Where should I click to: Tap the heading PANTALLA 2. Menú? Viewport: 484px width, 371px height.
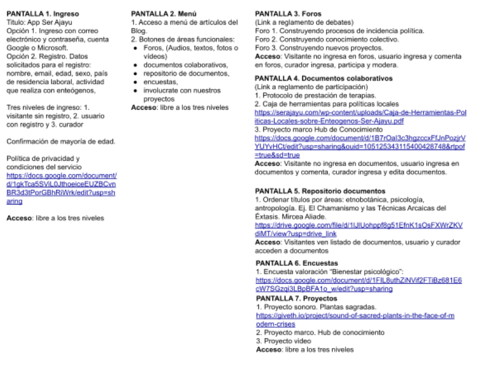[x=156, y=13]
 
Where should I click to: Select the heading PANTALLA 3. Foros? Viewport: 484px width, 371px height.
[x=280, y=13]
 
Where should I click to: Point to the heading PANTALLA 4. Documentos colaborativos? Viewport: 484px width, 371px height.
[x=324, y=78]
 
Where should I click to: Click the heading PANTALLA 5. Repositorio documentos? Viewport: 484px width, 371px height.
[x=320, y=191]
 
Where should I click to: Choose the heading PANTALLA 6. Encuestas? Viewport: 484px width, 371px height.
[x=297, y=263]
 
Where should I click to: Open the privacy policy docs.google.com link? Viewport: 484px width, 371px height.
[x=61, y=184]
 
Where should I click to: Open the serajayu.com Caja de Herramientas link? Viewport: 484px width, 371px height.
[x=360, y=116]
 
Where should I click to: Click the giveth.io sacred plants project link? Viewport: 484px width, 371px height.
[x=355, y=320]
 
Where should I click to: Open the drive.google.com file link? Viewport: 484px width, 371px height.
[x=358, y=229]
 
